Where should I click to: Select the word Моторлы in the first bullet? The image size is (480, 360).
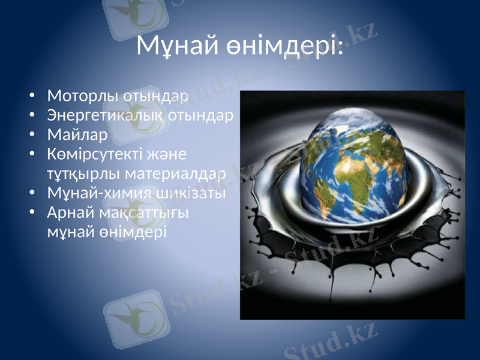[x=83, y=95]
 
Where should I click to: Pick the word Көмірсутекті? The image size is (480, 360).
[x=93, y=154]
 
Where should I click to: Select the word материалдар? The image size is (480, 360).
[x=176, y=174]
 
